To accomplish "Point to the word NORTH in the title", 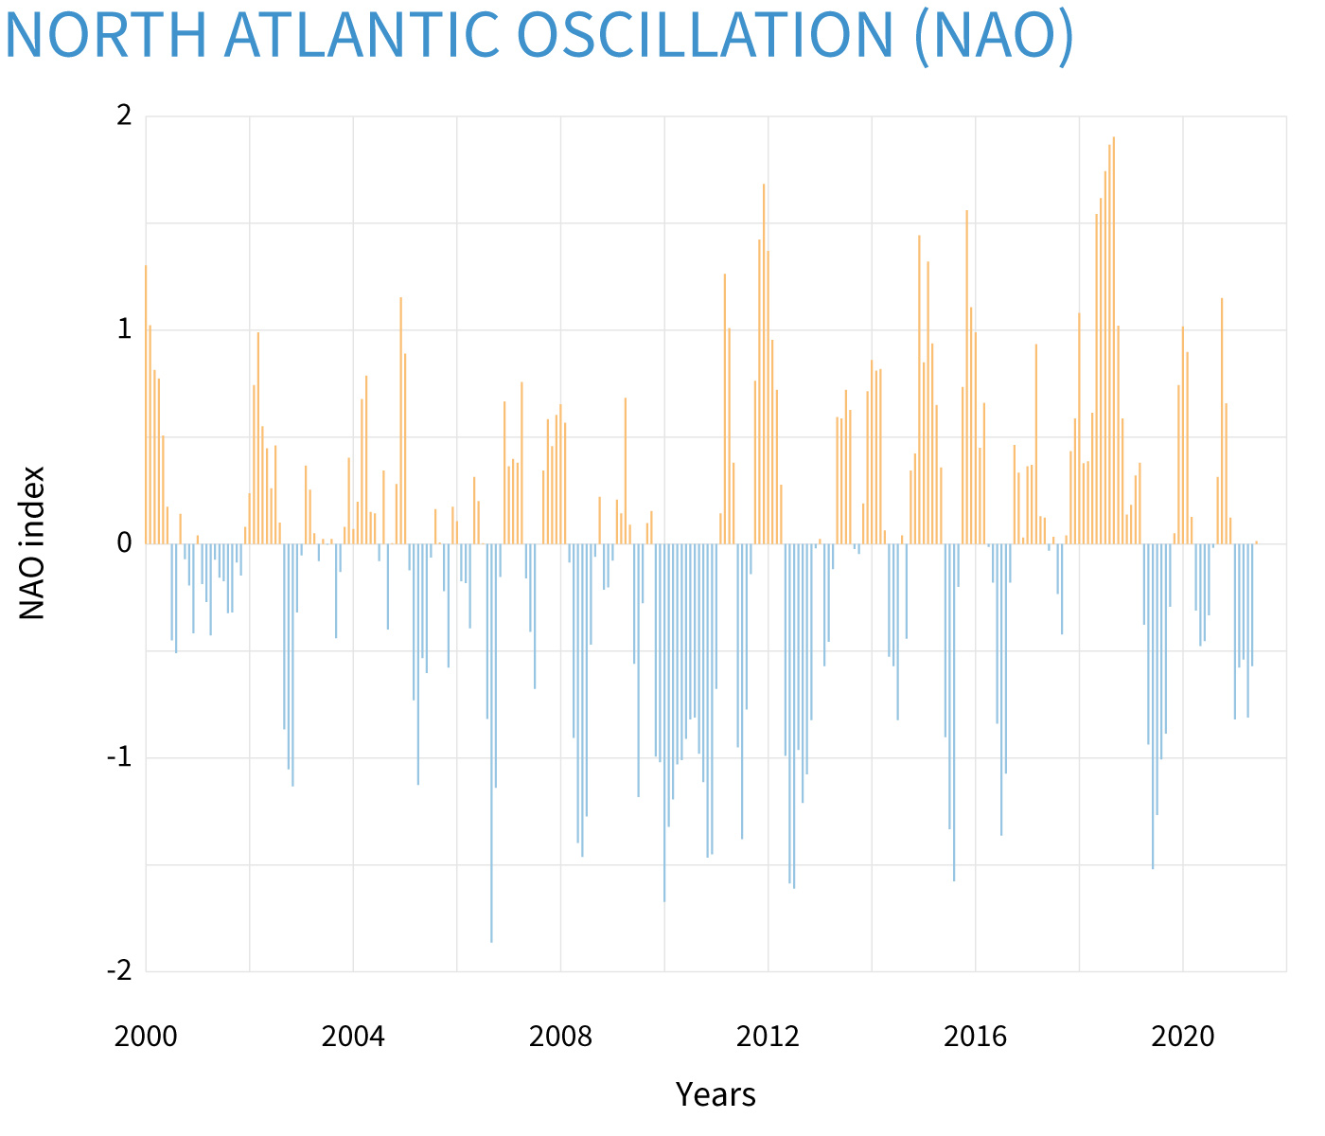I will click(x=104, y=34).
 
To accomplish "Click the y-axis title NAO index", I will click(x=33, y=542).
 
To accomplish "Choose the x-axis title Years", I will click(x=715, y=1094).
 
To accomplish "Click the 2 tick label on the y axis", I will click(x=123, y=116).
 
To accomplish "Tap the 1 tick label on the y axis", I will click(x=123, y=330).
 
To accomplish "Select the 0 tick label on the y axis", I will click(x=123, y=543).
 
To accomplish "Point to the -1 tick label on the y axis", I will click(x=119, y=757).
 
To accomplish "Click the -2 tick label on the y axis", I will click(x=119, y=971).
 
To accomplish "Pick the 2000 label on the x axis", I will click(x=146, y=1036).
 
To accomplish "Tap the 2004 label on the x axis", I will click(x=353, y=1036).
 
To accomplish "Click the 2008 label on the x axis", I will click(x=560, y=1036).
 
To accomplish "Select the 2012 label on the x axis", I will click(x=768, y=1036).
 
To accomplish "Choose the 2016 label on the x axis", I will click(x=976, y=1036).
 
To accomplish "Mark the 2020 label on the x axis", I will click(x=1183, y=1036).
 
